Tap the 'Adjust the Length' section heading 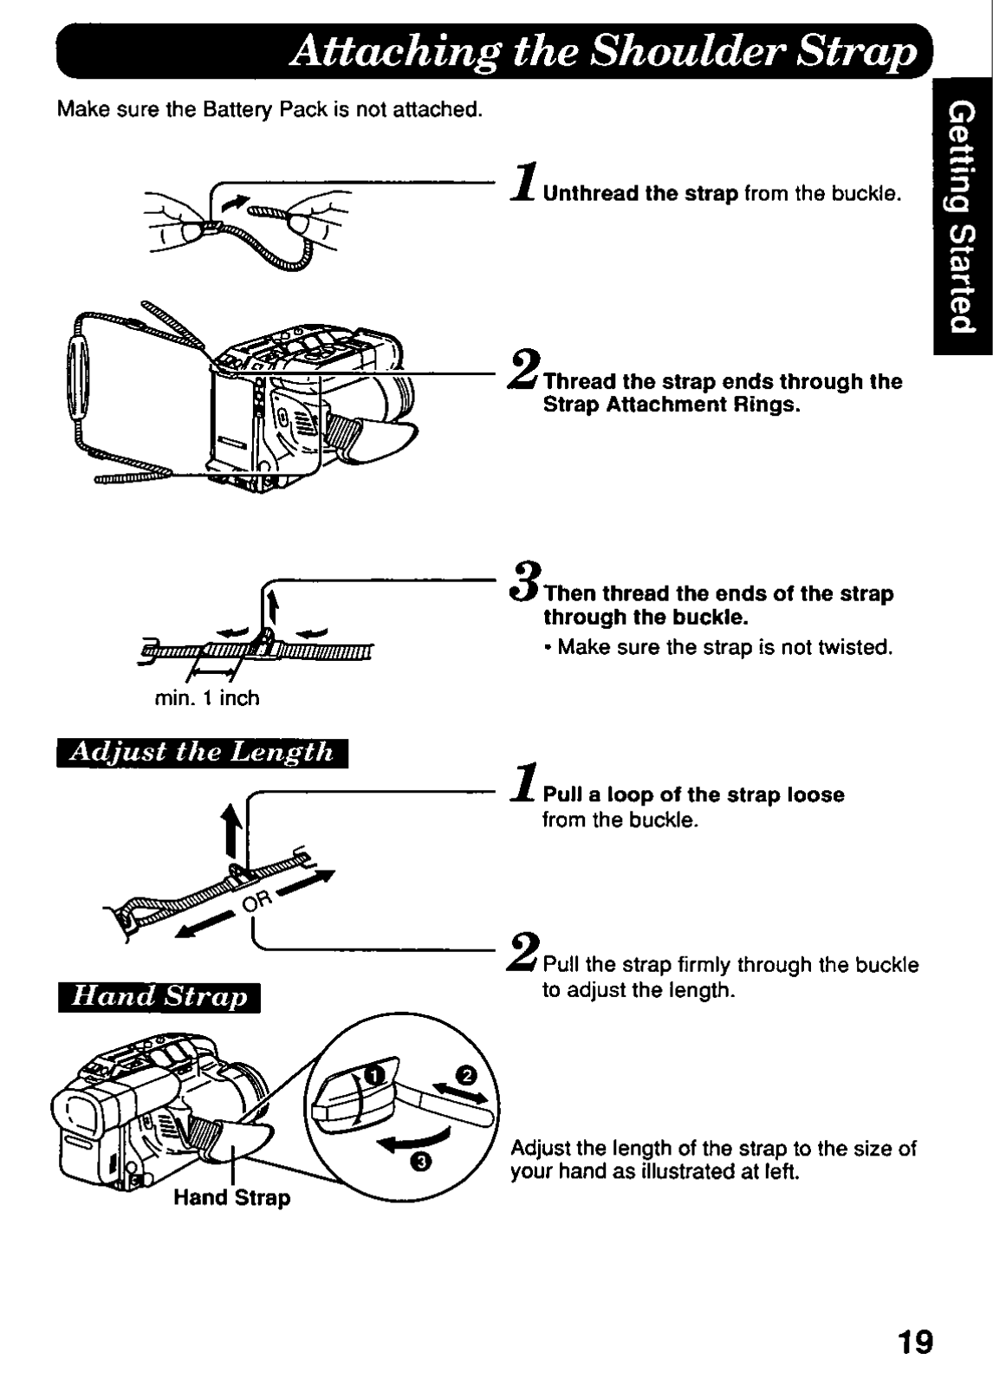coord(202,750)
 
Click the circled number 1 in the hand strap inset coord(373,1076)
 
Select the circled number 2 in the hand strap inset coord(467,1076)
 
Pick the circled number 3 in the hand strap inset coord(420,1163)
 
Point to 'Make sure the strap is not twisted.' coord(724,647)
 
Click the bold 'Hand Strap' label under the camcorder coord(232,1198)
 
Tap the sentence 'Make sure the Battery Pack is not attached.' coord(269,110)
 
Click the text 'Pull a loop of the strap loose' coord(693,794)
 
